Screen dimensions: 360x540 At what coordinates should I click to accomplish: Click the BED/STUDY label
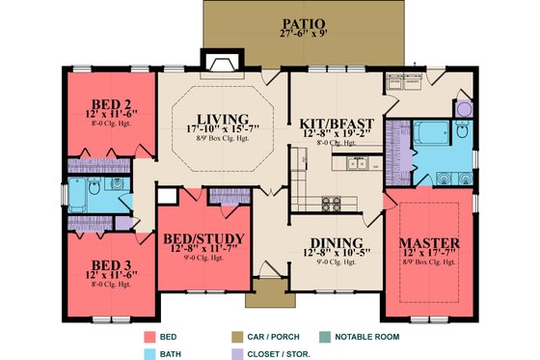point(203,238)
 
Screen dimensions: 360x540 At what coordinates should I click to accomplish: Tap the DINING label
point(337,242)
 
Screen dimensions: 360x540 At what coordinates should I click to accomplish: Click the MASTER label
point(431,241)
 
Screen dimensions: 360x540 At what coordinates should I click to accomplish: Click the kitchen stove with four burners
point(333,204)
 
